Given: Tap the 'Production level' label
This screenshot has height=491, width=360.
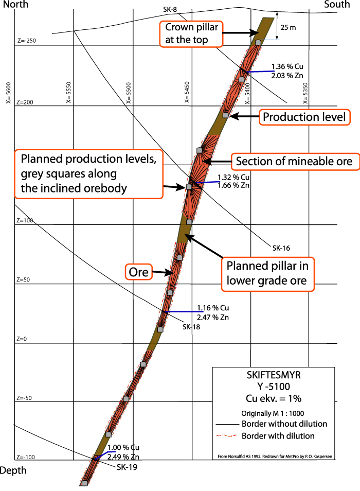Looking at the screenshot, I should tap(304, 117).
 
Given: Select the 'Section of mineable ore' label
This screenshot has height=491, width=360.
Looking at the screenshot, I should tap(294, 162).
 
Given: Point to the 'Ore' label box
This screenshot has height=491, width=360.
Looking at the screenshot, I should tap(139, 272).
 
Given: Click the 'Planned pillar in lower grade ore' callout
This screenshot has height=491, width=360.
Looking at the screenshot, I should tap(267, 274).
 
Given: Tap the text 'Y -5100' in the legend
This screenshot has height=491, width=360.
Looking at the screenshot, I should tap(274, 387).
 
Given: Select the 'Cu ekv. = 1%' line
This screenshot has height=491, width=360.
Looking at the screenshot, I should tap(274, 398).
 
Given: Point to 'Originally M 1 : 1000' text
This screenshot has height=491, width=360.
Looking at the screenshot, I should tap(274, 413).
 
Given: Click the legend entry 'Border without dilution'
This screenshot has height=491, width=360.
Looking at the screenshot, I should tap(284, 424).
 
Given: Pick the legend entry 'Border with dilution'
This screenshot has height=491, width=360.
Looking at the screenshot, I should tap(278, 436).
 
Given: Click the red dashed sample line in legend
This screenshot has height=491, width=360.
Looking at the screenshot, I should tap(227, 436).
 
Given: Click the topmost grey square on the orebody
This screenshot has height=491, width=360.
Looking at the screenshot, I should tap(259, 42).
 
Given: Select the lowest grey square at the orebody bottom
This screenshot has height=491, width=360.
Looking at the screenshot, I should tap(84, 483).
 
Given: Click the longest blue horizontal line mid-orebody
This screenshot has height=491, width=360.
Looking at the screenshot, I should tap(184, 312).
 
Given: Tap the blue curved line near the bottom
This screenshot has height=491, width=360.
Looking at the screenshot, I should tap(105, 452).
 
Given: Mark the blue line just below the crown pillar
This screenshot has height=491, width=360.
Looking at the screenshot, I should tap(262, 72).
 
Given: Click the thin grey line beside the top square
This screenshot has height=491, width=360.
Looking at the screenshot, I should tap(272, 40).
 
